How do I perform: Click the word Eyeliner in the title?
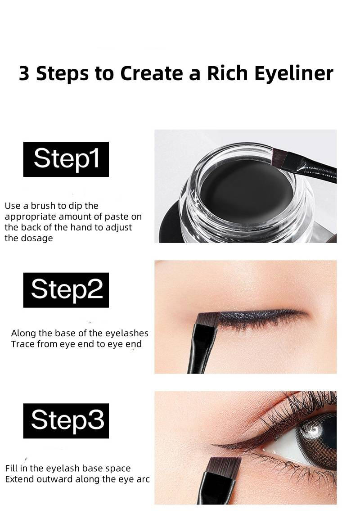click(x=294, y=74)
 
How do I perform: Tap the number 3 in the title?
click(x=24, y=73)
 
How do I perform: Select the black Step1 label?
click(x=66, y=159)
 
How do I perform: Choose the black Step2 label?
click(x=66, y=290)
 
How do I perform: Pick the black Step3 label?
click(x=66, y=421)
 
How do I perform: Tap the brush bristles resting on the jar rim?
click(x=279, y=154)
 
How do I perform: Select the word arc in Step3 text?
click(x=144, y=479)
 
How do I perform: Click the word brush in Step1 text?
click(x=43, y=206)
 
